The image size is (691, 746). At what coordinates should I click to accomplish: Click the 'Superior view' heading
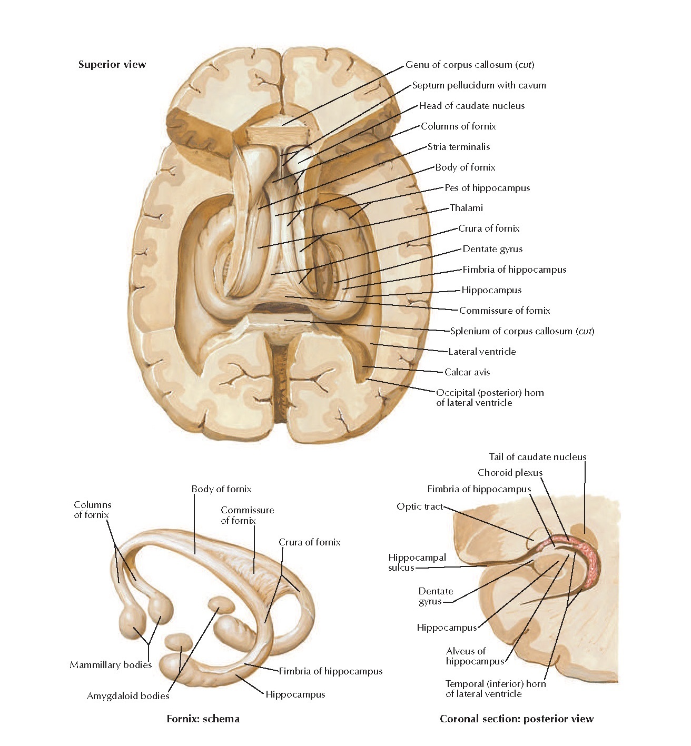pyautogui.click(x=112, y=65)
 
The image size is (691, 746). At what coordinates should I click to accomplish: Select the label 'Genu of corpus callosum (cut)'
pyautogui.click(x=469, y=65)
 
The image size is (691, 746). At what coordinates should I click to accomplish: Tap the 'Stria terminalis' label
pyautogui.click(x=458, y=147)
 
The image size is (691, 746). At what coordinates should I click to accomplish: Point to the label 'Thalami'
pyautogui.click(x=466, y=208)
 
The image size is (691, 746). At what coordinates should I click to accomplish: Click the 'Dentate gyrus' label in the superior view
pyautogui.click(x=492, y=249)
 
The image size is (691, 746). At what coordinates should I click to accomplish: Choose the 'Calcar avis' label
pyautogui.click(x=467, y=372)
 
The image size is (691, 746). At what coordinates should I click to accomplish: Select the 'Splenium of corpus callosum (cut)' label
pyautogui.click(x=521, y=331)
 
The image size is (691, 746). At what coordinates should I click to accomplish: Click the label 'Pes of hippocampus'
pyautogui.click(x=487, y=188)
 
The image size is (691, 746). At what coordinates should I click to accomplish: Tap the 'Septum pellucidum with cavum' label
pyautogui.click(x=478, y=85)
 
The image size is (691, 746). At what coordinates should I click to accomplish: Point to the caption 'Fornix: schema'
pyautogui.click(x=203, y=719)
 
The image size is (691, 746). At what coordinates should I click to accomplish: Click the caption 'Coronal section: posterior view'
pyautogui.click(x=516, y=719)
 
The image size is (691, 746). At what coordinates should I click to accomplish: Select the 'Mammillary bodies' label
pyautogui.click(x=111, y=665)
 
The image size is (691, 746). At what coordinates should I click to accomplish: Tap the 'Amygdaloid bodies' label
pyautogui.click(x=128, y=696)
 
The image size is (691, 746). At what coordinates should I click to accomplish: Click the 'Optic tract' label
pyautogui.click(x=420, y=506)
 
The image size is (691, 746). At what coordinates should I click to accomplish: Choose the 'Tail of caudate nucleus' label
pyautogui.click(x=537, y=457)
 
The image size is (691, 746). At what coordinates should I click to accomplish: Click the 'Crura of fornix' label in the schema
pyautogui.click(x=309, y=542)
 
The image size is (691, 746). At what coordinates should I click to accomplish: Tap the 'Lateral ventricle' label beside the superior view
pyautogui.click(x=481, y=352)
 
